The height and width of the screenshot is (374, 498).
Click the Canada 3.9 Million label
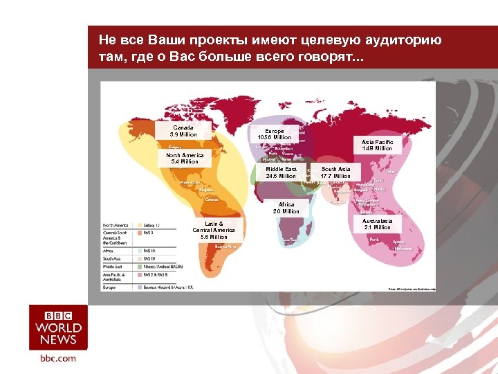pyautogui.click(x=183, y=131)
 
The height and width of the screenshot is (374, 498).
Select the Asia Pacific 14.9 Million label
pyautogui.click(x=377, y=145)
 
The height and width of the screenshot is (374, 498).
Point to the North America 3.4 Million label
pyautogui.click(x=185, y=159)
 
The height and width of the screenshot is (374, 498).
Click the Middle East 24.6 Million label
pyautogui.click(x=281, y=172)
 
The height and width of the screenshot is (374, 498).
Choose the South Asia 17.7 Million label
pyautogui.click(x=336, y=172)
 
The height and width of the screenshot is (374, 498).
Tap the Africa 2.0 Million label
pyautogui.click(x=286, y=208)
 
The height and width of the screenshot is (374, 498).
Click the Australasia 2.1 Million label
pyautogui.click(x=377, y=224)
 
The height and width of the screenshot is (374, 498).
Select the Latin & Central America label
pyautogui.click(x=214, y=231)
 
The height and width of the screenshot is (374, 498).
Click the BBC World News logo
pyautogui.click(x=58, y=327)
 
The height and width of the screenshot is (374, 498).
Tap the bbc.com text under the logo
pyautogui.click(x=58, y=358)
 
